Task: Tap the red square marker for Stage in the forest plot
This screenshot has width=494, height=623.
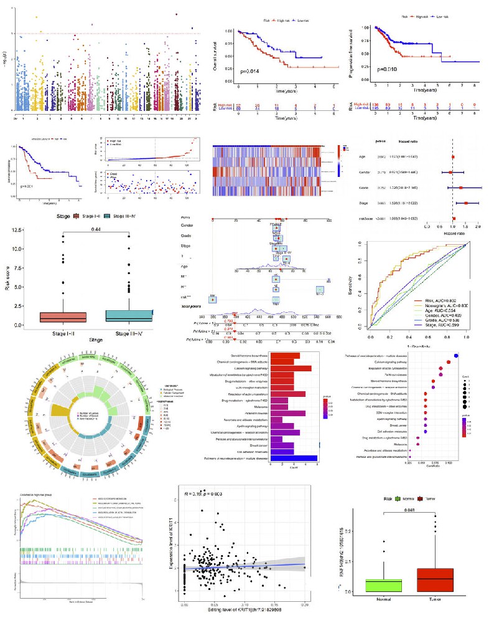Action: click(x=465, y=202)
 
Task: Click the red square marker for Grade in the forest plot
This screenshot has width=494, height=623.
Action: click(x=460, y=187)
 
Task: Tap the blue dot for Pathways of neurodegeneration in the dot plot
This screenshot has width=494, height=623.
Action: click(x=456, y=355)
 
